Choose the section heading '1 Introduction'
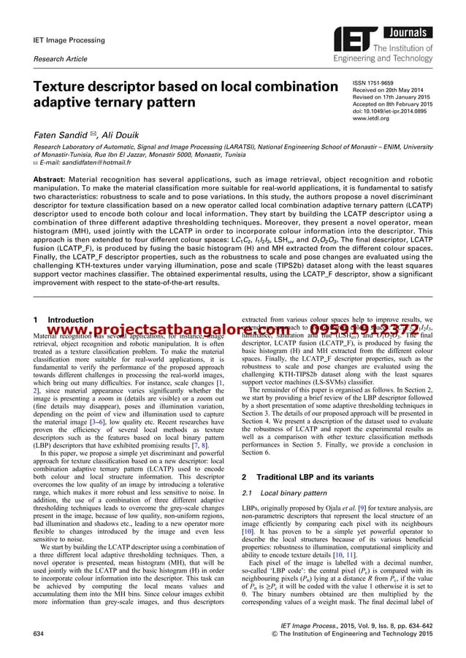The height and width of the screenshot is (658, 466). [62, 320]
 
